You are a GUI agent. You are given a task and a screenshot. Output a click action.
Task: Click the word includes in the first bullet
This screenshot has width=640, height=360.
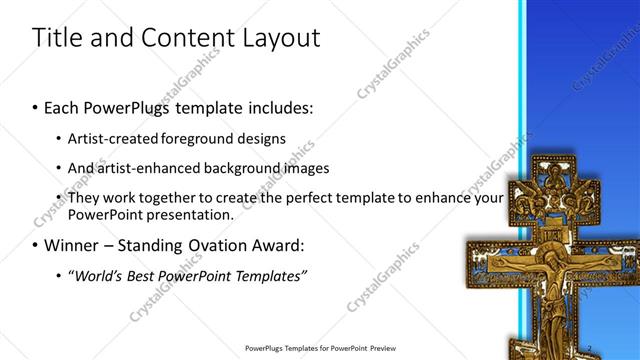coord(277,106)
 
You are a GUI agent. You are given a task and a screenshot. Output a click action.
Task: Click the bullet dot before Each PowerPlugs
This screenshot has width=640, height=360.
coord(36,107)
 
